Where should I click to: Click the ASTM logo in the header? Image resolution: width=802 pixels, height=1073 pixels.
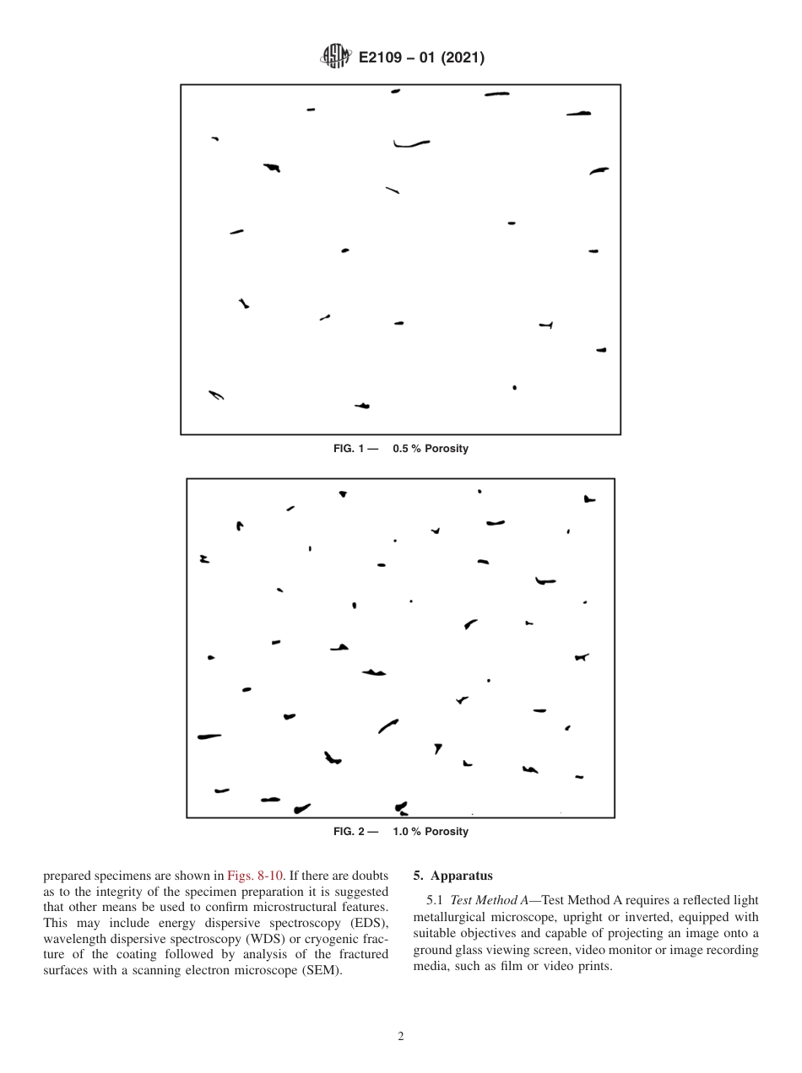(336, 57)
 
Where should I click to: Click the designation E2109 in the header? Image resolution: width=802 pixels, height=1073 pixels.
(384, 58)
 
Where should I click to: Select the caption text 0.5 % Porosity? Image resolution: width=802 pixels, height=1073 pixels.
(430, 449)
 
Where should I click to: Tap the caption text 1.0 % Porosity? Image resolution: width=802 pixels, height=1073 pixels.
(430, 832)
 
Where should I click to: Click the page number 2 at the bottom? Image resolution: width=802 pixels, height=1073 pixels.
(401, 1037)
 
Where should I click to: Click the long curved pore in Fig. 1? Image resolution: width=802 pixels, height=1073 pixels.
(410, 144)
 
